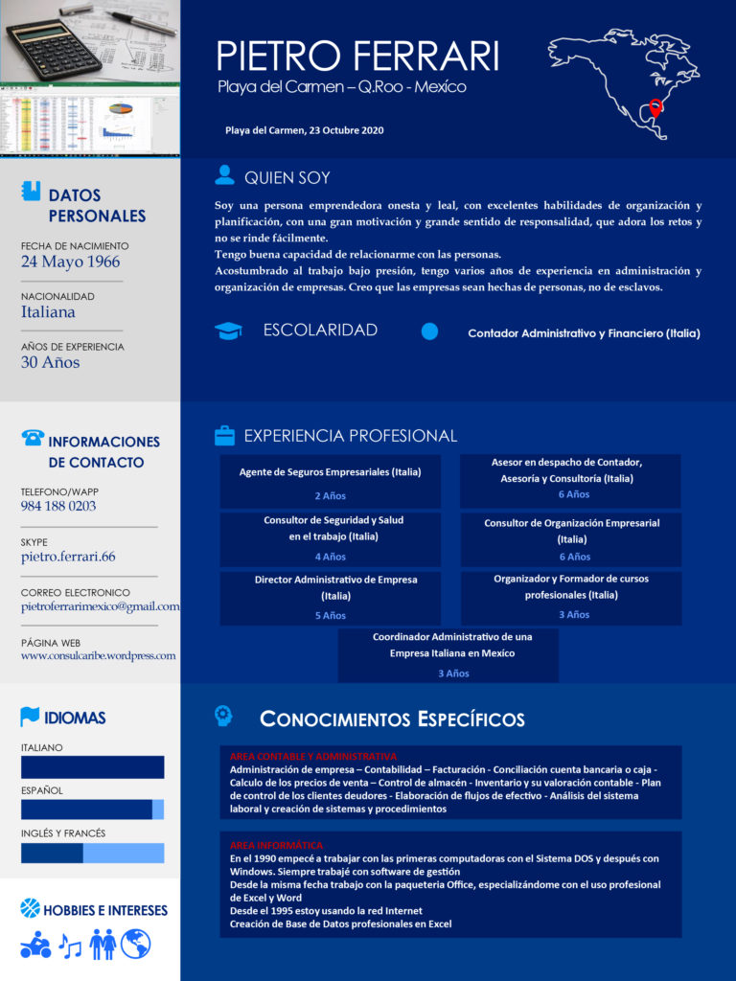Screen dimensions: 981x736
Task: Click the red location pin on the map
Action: (655, 109)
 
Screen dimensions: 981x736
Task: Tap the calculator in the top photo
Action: (54, 49)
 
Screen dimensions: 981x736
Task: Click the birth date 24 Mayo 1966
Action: (70, 262)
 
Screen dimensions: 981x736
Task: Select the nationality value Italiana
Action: (48, 311)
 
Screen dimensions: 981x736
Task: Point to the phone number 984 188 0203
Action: (58, 506)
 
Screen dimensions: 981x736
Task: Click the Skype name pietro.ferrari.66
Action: (68, 556)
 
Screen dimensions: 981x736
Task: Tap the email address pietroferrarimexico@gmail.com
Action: (100, 606)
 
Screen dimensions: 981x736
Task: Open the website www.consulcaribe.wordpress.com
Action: (98, 655)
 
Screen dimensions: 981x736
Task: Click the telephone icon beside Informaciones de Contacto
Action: (33, 438)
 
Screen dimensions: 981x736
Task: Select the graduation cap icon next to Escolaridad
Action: (228, 331)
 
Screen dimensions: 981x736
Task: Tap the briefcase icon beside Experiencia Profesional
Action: (224, 436)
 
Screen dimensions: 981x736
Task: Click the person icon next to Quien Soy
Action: (225, 174)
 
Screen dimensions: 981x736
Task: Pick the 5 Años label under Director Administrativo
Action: (331, 616)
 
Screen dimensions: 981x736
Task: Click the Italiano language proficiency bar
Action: (92, 767)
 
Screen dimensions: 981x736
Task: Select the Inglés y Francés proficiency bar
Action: (92, 853)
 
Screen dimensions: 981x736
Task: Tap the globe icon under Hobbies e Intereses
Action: (135, 944)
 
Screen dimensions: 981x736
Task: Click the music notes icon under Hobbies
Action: (70, 946)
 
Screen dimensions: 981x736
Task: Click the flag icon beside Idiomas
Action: (31, 717)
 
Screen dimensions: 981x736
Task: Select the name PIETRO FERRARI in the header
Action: (357, 57)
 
